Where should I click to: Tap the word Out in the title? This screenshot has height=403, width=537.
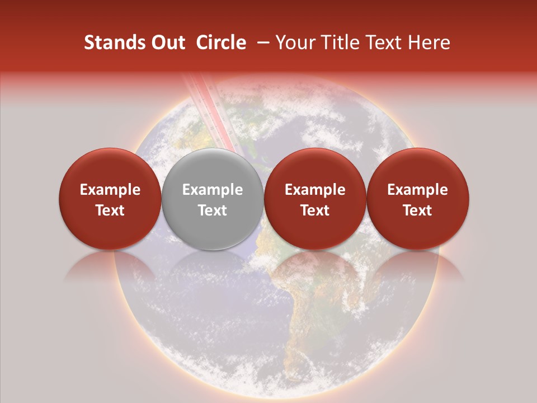[x=167, y=43]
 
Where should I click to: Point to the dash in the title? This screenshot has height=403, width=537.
[x=261, y=43]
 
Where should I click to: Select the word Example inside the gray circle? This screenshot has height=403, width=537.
[x=212, y=190]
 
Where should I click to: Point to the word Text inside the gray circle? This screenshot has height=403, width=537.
[x=212, y=210]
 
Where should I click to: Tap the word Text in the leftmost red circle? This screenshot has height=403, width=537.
[x=110, y=210]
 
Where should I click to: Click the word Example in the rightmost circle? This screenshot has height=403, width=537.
[x=417, y=190]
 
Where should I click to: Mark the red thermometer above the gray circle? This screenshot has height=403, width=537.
[x=202, y=112]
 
